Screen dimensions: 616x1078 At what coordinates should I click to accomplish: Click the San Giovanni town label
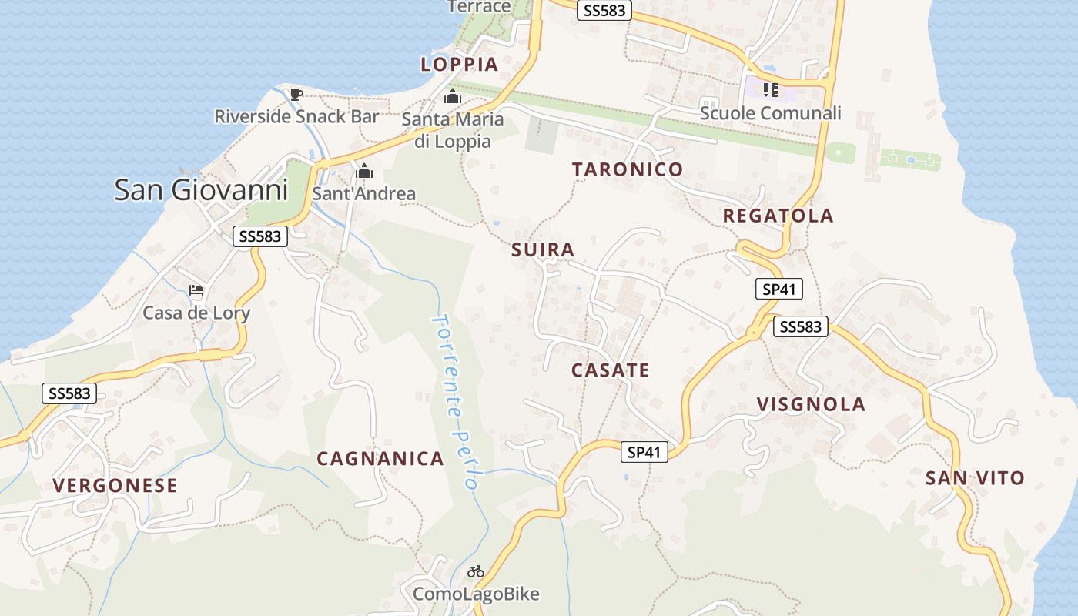[x=201, y=189]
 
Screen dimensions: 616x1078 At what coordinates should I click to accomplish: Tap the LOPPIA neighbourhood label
[x=460, y=64]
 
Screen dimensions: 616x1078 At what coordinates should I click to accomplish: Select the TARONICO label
[x=628, y=169]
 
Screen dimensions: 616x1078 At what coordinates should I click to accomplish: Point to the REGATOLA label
[x=778, y=216]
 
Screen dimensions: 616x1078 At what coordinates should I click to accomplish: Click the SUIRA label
[x=543, y=249]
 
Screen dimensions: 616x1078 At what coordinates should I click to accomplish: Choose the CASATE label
[x=611, y=370]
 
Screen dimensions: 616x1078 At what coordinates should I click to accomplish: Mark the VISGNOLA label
[x=811, y=404]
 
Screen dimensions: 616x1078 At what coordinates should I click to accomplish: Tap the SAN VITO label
[x=975, y=478]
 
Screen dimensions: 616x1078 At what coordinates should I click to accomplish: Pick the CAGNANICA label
[x=380, y=459]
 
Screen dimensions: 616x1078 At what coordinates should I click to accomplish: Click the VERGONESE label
[x=115, y=485]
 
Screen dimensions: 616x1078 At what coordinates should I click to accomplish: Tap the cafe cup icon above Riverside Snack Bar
[x=296, y=95]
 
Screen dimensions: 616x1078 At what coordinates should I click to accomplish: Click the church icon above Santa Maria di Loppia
[x=453, y=98]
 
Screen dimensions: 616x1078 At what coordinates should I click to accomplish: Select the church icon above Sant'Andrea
[x=364, y=171]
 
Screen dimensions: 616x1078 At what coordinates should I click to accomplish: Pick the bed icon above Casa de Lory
[x=196, y=291]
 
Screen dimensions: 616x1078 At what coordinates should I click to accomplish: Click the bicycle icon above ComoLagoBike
[x=476, y=572]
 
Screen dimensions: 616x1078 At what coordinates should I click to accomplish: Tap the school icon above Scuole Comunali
[x=770, y=90]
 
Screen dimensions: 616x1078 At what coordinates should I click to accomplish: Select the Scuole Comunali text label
[x=770, y=113]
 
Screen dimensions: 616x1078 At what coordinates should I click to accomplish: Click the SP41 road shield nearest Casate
[x=644, y=452]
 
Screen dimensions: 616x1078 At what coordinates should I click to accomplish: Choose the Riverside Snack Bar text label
[x=296, y=117]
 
